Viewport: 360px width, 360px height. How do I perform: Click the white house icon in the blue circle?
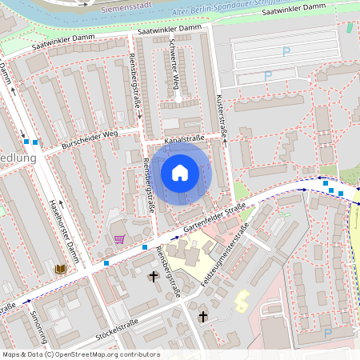coord(180,172)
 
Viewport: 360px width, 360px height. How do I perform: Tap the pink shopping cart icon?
coord(119,238)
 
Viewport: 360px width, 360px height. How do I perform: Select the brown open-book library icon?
coord(61,269)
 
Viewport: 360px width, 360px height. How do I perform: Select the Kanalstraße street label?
coord(185,139)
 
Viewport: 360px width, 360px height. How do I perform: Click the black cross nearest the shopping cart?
coord(154,276)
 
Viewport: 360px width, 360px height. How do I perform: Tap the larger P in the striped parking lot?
coord(286,53)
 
